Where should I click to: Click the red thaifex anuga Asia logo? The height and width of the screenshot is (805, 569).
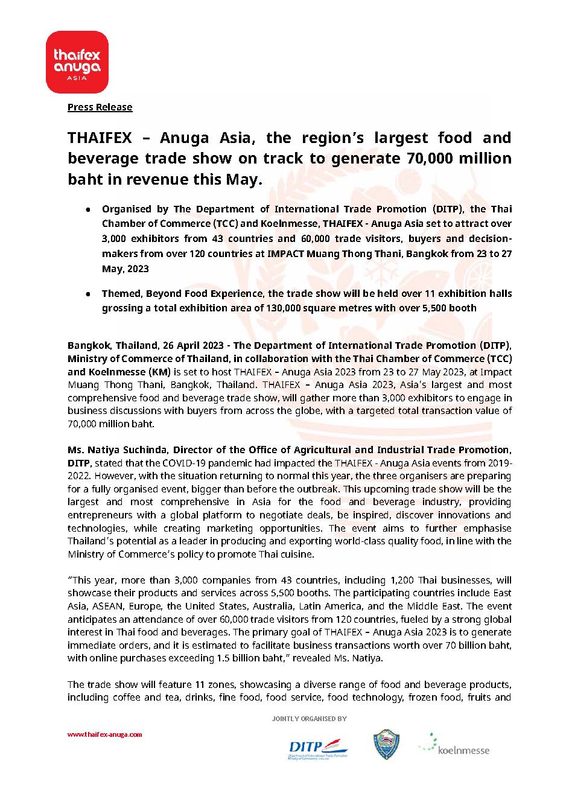(77, 62)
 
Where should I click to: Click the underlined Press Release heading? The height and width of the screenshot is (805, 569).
(100, 107)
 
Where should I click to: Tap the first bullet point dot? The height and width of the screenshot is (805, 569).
(88, 209)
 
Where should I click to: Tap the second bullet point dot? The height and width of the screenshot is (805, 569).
(88, 294)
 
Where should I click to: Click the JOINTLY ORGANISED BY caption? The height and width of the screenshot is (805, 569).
(309, 719)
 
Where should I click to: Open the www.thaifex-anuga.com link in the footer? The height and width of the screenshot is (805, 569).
(104, 735)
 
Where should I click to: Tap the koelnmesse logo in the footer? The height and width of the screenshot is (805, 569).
(454, 746)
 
